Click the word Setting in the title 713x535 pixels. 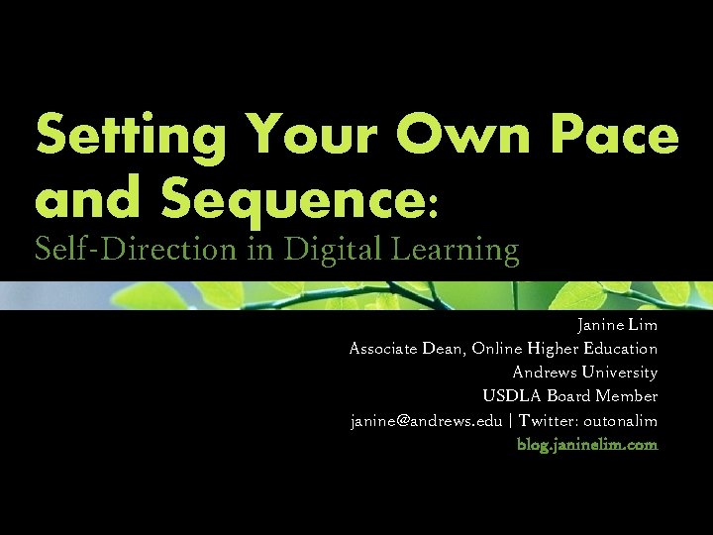[128, 137]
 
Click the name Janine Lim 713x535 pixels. [617, 325]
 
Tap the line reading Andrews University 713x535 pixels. [584, 373]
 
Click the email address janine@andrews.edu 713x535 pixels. [426, 421]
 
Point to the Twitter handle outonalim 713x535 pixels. [620, 421]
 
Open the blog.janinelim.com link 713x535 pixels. [587, 445]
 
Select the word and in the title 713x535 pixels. [90, 198]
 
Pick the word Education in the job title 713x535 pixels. [622, 349]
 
